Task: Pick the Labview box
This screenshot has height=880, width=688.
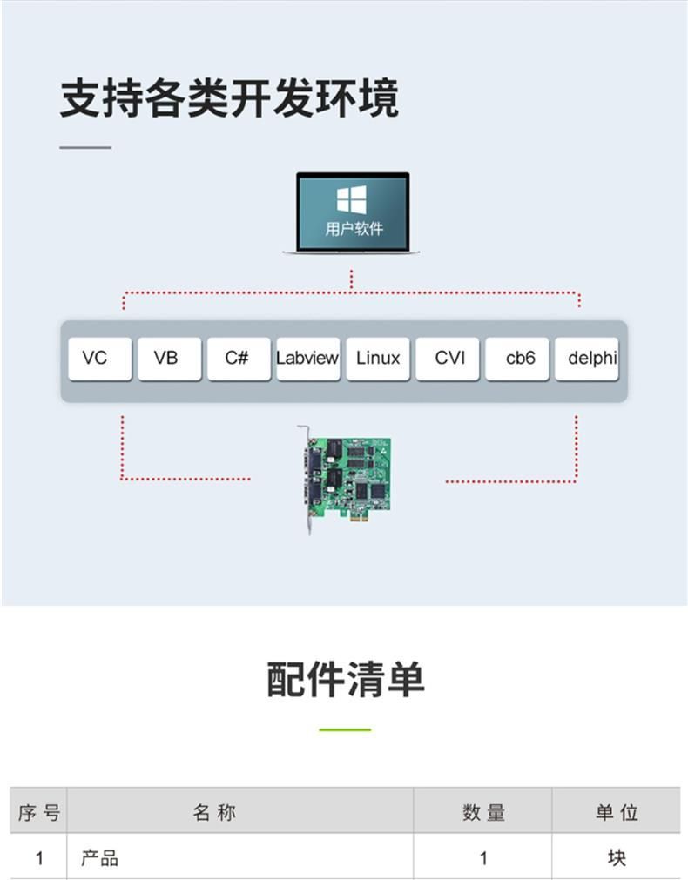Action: (307, 359)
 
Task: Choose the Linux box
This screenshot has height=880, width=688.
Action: (378, 359)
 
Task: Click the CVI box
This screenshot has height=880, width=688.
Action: (448, 359)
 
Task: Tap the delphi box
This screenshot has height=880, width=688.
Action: (589, 359)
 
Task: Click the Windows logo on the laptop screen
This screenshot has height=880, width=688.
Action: (352, 200)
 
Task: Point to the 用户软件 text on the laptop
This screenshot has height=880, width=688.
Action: (353, 230)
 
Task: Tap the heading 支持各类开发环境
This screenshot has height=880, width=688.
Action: (229, 98)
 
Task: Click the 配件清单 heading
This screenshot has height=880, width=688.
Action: (345, 679)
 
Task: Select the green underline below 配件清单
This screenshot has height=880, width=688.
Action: (345, 729)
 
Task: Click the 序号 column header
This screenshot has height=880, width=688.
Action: (39, 813)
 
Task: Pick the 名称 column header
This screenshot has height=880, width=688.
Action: (214, 813)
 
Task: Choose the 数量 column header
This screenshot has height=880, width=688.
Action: (483, 813)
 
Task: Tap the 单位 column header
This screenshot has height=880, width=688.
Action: (617, 813)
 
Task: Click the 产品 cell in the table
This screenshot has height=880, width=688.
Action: (99, 858)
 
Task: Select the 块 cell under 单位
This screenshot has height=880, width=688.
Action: (617, 858)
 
